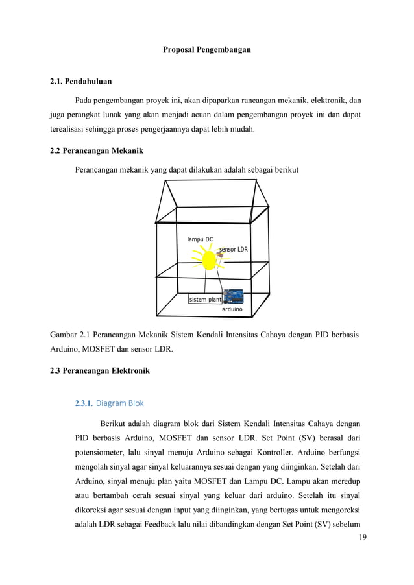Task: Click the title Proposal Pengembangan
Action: pos(206,49)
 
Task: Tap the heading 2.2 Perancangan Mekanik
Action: pos(97,151)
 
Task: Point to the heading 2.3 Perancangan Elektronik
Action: pos(99,371)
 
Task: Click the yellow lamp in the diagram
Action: pos(208,260)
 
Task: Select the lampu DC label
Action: pos(200,239)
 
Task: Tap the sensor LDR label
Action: pos(234,249)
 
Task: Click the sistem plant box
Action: pos(205,299)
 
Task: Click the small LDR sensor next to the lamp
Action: pos(220,256)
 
